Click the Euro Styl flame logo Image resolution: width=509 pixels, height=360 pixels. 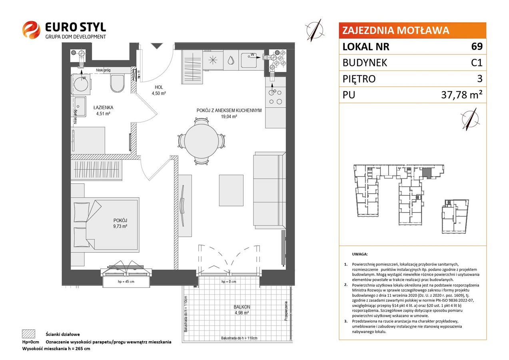click(31, 30)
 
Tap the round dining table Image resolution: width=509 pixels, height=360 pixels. click(202, 141)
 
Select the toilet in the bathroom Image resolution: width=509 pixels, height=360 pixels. click(117, 83)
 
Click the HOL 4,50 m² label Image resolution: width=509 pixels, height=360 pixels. click(159, 90)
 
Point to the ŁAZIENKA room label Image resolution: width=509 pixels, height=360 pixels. click(104, 108)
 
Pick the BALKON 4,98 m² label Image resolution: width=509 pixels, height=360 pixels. click(242, 310)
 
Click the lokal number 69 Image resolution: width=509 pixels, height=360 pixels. click(477, 46)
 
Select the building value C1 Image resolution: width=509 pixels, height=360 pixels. click(477, 62)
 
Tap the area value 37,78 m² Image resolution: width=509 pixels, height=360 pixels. click(462, 94)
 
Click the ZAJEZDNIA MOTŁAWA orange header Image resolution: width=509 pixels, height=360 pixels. click(412, 30)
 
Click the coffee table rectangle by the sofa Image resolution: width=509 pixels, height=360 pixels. click(231, 190)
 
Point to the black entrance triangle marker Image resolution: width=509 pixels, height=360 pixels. click(157, 46)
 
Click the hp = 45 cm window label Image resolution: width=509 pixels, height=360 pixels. click(126, 282)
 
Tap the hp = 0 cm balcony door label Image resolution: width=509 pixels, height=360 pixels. click(229, 282)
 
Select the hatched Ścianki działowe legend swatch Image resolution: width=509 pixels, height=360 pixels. click(29, 334)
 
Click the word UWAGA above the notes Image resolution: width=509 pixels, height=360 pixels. click(360, 254)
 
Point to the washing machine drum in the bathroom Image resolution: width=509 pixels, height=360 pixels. click(81, 83)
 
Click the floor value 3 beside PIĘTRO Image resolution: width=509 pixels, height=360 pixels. click(480, 79)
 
